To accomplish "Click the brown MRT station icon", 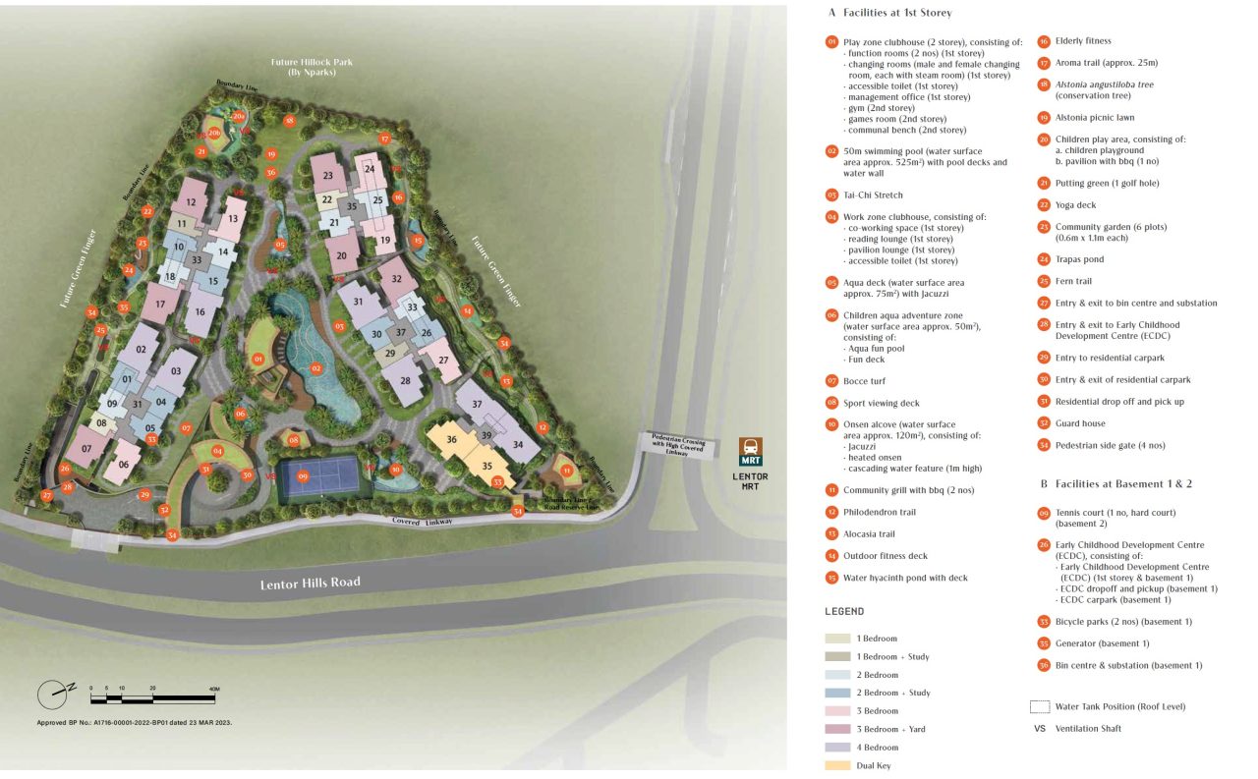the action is tap(751, 449).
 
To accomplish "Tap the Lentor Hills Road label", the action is tap(310, 583).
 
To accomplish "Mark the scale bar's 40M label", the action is tap(213, 689).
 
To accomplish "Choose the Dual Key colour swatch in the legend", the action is tap(837, 765).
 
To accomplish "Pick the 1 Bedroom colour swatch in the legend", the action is tap(837, 639).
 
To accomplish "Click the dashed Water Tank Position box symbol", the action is tap(1038, 706).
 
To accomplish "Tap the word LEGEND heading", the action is tap(844, 611).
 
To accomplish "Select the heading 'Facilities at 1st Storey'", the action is tap(896, 13).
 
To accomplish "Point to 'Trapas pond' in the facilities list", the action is tap(1079, 259).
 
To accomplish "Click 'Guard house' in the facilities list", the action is tap(1080, 423).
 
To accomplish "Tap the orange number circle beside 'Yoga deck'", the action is tap(1044, 205).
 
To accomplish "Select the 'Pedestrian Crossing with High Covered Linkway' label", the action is tap(678, 443).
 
